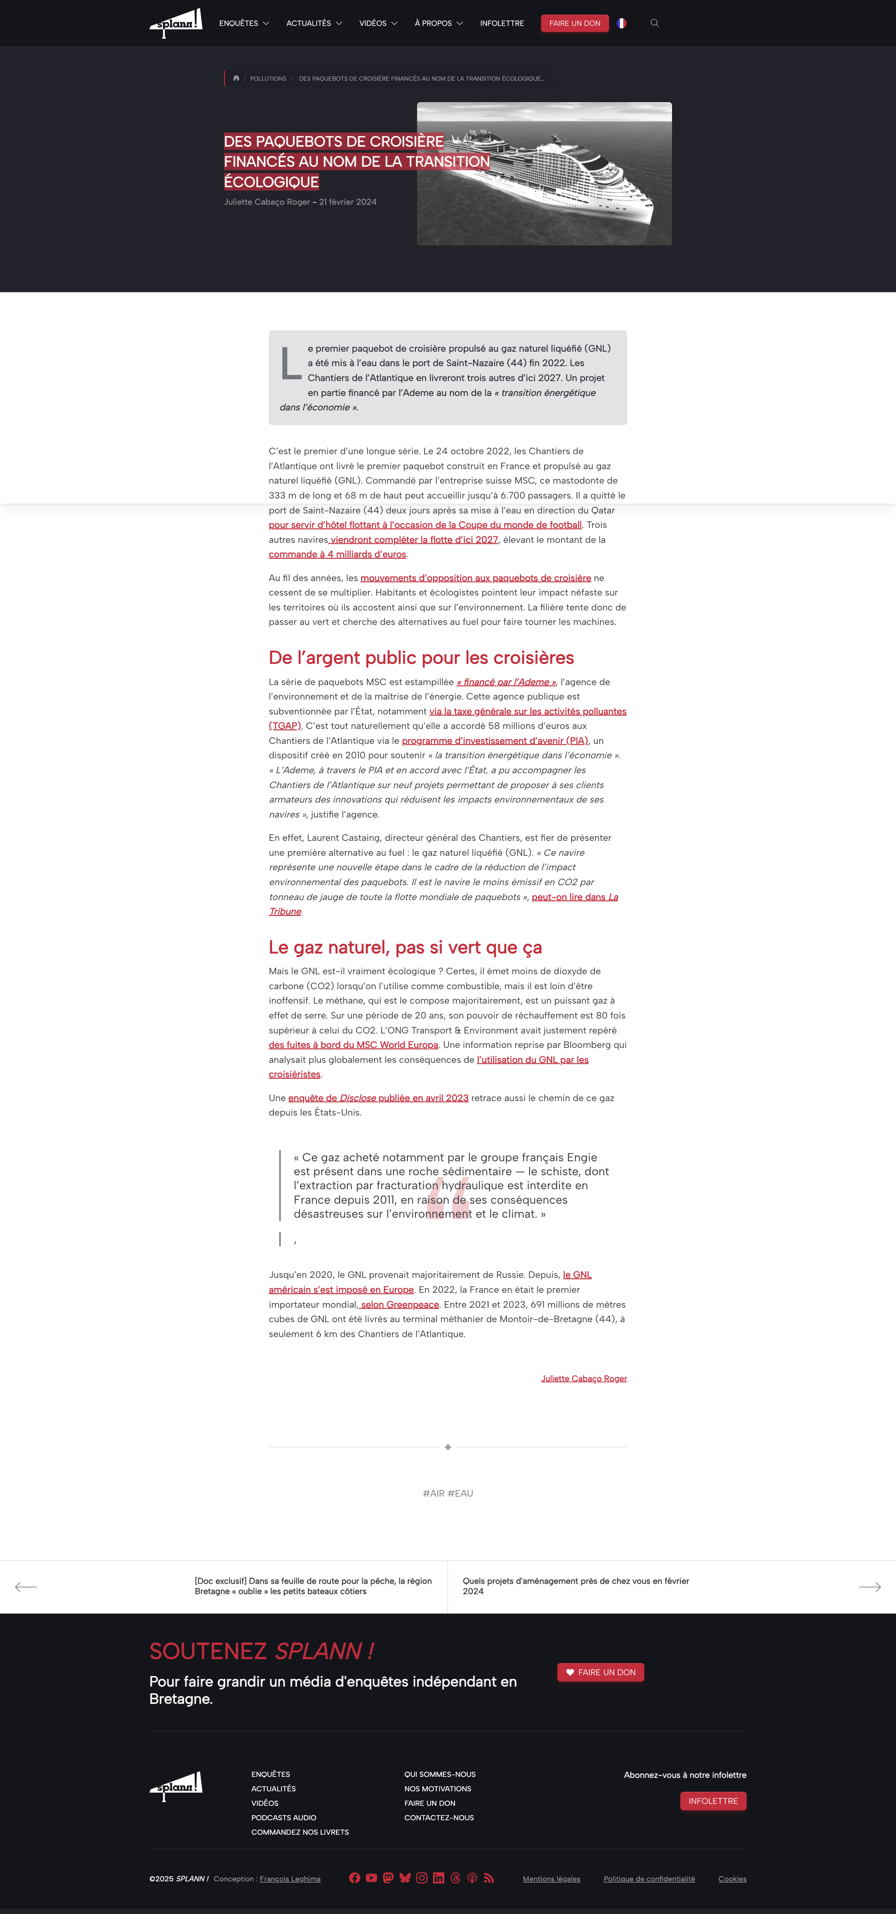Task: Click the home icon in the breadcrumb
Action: [x=236, y=78]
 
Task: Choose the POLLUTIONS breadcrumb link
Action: [x=268, y=79]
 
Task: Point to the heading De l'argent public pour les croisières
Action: [x=421, y=658]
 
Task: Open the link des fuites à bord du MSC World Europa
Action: [x=353, y=1045]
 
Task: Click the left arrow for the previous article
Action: [x=26, y=1587]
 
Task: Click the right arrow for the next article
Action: [x=869, y=1587]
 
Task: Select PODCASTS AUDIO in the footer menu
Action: [x=283, y=1817]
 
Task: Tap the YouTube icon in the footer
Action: [x=371, y=1879]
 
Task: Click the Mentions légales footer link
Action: [x=551, y=1879]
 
